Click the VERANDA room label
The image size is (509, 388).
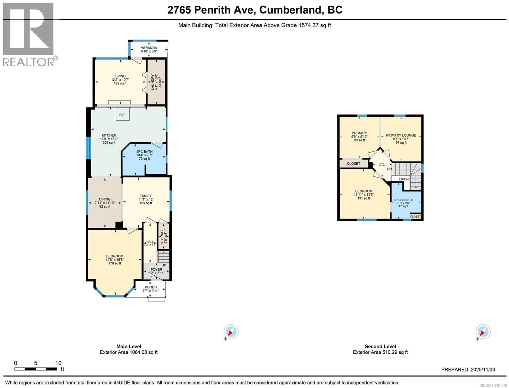pos(149,48)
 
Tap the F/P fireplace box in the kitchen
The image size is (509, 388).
pos(122,115)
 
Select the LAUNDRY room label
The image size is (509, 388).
pos(153,82)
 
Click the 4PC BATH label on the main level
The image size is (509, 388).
pos(144,152)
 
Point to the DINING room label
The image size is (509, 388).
pos(105,199)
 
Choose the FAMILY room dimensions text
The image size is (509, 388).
pos(146,199)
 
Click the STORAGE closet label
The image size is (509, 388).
pos(162,236)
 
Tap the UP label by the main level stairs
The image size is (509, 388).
pos(164,265)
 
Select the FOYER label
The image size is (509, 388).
pos(157,269)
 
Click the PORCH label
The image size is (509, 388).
pos(151,287)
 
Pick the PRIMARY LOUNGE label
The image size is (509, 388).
pos(401,135)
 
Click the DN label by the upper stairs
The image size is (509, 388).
pos(389,169)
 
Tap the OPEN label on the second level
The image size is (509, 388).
pos(404,179)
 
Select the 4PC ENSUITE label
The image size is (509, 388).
pos(403,200)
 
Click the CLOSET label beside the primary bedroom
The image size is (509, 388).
pos(353,164)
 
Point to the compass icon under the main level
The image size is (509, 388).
pos(231,332)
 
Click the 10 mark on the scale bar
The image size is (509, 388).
pos(58,363)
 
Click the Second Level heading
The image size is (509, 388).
pos(380,346)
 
